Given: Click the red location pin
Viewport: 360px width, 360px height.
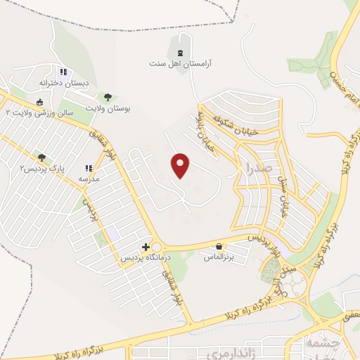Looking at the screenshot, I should coord(181,165).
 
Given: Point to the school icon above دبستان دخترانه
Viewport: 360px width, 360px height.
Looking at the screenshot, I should coord(63,72).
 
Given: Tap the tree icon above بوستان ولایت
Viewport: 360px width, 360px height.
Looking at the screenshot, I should coord(108,98).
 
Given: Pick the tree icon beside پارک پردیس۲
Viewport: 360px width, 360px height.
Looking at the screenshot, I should coord(42,158).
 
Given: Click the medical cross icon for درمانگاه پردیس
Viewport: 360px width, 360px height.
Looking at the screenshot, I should coord(146,247).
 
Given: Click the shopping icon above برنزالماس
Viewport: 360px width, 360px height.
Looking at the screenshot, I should coord(220,247).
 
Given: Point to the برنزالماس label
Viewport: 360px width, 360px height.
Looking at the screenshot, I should coord(220,257).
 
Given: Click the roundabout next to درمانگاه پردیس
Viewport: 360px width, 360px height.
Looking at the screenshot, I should coord(155,247).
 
